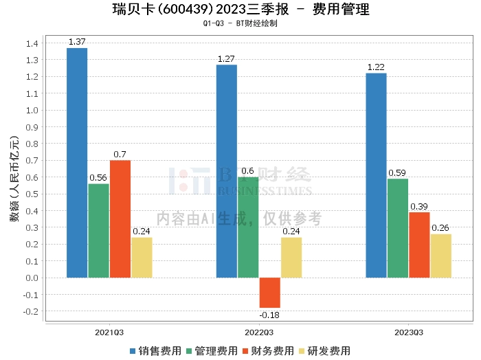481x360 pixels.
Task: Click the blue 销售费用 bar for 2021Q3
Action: (x=77, y=163)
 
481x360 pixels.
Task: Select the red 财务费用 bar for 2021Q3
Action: (x=120, y=218)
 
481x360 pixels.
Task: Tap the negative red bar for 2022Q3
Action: (x=269, y=293)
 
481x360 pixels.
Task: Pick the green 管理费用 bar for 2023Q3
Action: (x=397, y=228)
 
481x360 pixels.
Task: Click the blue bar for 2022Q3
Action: (x=226, y=171)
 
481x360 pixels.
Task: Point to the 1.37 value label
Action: (x=77, y=42)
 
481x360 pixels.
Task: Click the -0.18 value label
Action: (x=269, y=315)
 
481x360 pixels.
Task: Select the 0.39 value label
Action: (x=419, y=206)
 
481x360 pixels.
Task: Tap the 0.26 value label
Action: (x=440, y=228)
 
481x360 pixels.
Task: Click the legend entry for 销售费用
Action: (x=155, y=350)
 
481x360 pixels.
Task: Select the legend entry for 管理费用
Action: (x=212, y=350)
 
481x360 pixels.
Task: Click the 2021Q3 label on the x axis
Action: (x=109, y=333)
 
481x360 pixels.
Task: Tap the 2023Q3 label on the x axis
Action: (x=409, y=333)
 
